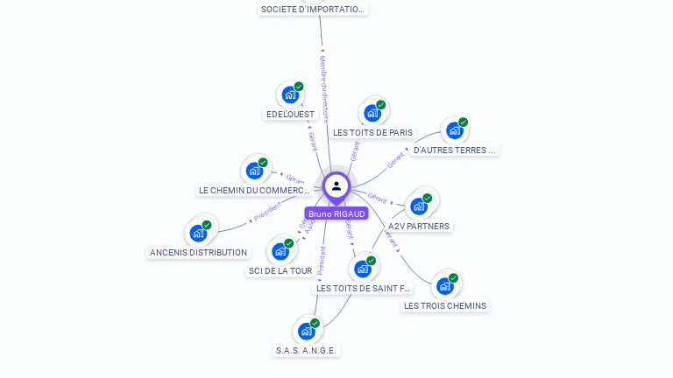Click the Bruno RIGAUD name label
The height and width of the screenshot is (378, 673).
(x=336, y=213)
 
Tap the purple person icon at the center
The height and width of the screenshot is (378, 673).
(x=336, y=186)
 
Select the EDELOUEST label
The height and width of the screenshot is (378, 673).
(x=290, y=115)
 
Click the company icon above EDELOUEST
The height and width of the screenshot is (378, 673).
(x=289, y=94)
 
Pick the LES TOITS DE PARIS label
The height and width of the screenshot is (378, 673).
(x=373, y=132)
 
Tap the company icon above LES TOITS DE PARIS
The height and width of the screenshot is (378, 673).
(x=372, y=113)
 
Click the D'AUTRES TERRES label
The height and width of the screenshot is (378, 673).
(x=455, y=150)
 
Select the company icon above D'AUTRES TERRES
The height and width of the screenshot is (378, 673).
(x=454, y=130)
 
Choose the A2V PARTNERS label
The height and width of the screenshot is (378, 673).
(x=419, y=226)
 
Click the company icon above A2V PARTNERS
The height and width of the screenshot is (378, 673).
(x=418, y=206)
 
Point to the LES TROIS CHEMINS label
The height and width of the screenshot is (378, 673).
(x=445, y=305)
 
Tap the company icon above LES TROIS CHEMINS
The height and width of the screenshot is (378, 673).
(x=445, y=286)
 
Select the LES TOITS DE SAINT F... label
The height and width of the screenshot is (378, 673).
(x=363, y=288)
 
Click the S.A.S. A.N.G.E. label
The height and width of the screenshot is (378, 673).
(x=307, y=350)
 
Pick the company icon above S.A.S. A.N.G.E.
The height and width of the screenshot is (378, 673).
(x=306, y=331)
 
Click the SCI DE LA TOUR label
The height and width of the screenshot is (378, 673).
(x=280, y=270)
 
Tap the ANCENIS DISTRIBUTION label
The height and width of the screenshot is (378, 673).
(x=199, y=252)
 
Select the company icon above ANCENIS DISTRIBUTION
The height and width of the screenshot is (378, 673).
(x=198, y=233)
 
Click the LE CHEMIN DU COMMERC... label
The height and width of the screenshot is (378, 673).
(x=255, y=190)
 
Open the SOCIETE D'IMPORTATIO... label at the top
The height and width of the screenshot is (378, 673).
(x=313, y=9)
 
